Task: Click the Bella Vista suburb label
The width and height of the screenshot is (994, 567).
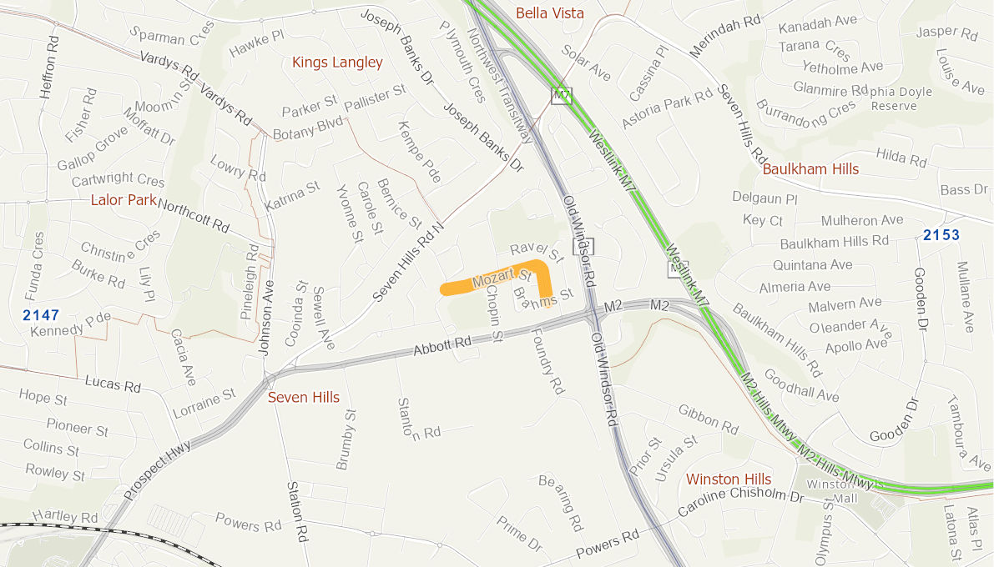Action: [x=549, y=13]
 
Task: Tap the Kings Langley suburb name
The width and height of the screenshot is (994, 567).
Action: [x=337, y=63]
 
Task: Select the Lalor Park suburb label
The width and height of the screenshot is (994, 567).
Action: [x=124, y=200]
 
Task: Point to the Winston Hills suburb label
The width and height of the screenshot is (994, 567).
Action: [x=729, y=479]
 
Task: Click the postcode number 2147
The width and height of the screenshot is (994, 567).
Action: [x=41, y=315]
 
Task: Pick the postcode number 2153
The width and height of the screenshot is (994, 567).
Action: [x=941, y=235]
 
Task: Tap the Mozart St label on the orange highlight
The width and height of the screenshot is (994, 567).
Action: [x=502, y=278]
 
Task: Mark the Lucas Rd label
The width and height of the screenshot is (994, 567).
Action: [x=113, y=384]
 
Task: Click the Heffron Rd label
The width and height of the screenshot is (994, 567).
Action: [x=48, y=67]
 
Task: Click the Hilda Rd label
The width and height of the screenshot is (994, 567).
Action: [x=901, y=156]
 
